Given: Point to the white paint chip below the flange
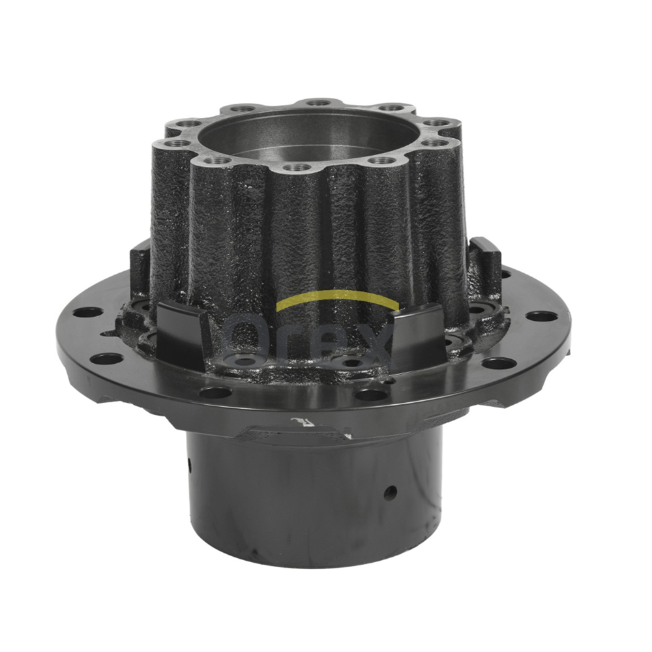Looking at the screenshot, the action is [300, 423].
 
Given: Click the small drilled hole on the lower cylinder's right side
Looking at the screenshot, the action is [390, 494].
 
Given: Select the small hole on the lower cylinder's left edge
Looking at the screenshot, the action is [189, 462].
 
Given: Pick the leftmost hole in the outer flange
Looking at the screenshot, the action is [87, 312].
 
